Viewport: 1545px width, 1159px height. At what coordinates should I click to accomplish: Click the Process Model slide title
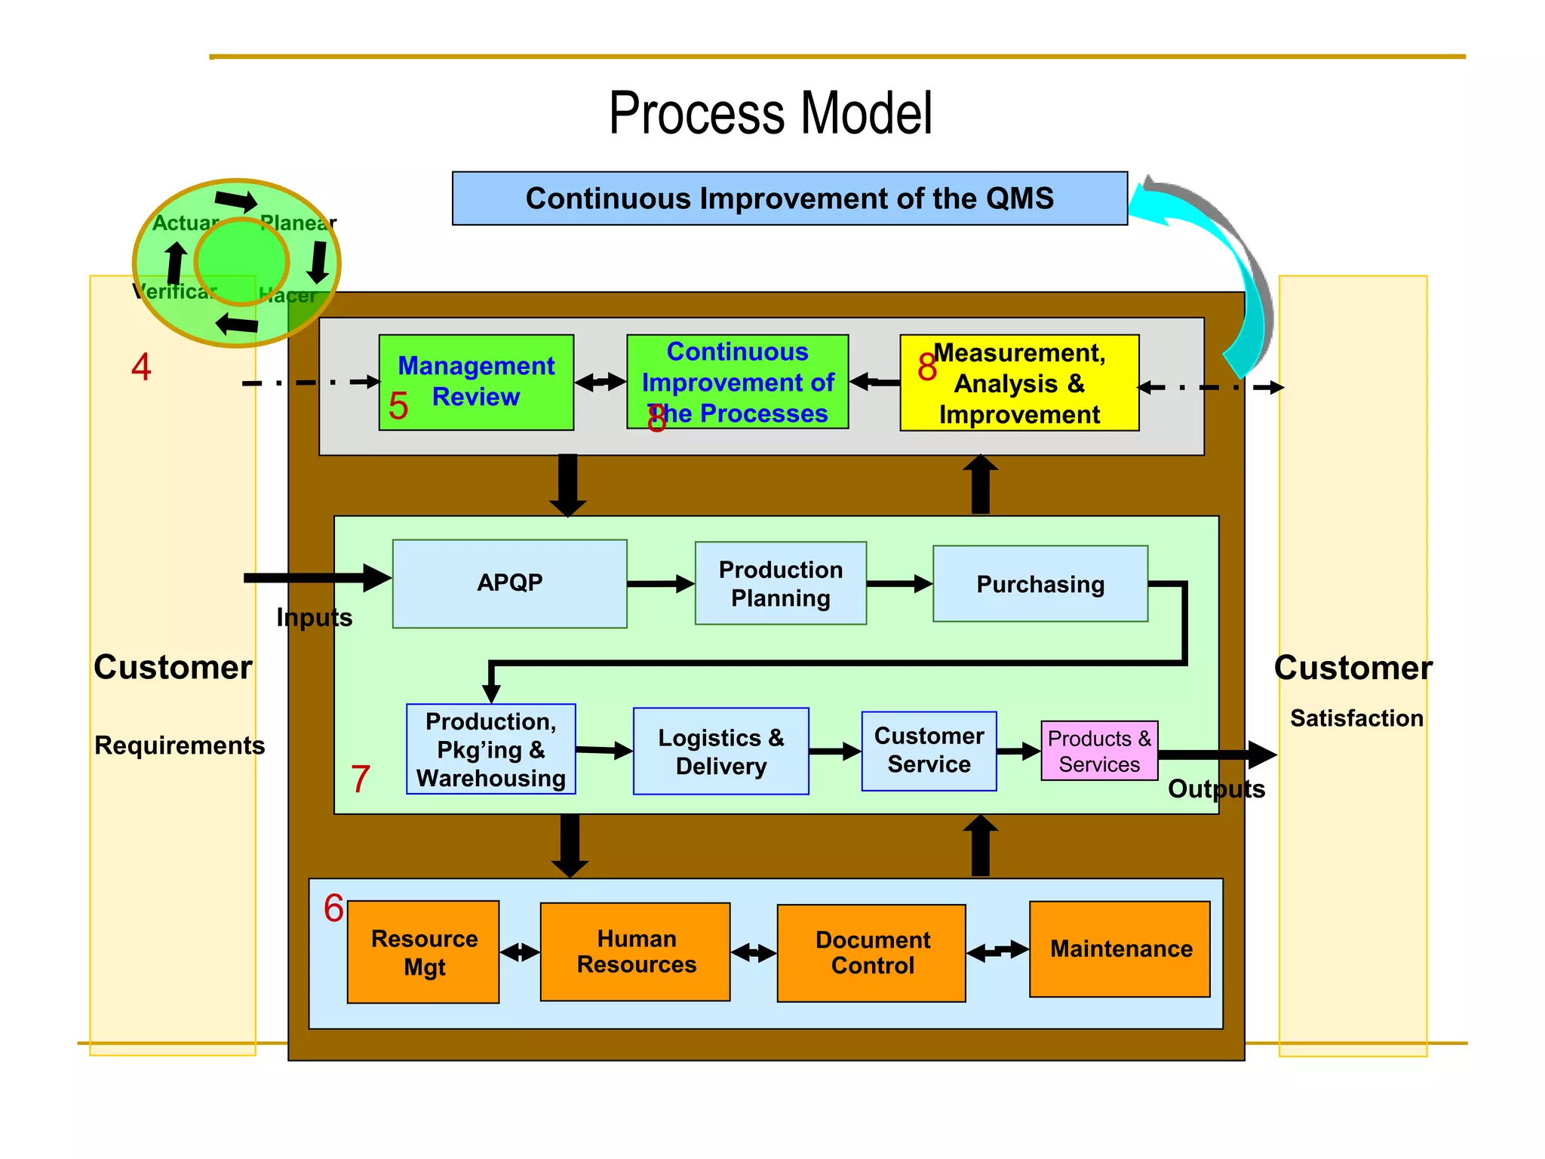[770, 113]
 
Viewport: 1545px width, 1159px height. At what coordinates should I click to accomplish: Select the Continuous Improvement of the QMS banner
[789, 198]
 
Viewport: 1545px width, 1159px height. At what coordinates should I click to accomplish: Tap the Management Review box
[476, 382]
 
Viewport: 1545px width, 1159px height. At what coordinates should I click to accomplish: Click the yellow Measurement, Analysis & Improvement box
[1018, 383]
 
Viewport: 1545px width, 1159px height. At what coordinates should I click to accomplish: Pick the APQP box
[509, 583]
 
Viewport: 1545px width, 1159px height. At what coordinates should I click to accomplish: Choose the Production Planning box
[780, 583]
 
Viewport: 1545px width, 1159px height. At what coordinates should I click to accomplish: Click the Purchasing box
[1040, 584]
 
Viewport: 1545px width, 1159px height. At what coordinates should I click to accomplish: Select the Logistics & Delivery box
[720, 752]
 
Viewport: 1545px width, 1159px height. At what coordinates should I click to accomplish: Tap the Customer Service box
[929, 751]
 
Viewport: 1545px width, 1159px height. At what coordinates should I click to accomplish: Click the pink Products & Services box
[1099, 751]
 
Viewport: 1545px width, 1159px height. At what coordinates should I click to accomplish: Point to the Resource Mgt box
[423, 951]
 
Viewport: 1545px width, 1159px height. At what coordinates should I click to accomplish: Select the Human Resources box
[635, 951]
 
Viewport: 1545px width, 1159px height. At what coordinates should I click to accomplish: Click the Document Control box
[871, 953]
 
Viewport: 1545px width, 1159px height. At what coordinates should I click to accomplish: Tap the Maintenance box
[1120, 948]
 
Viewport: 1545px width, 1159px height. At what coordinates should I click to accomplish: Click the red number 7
[361, 779]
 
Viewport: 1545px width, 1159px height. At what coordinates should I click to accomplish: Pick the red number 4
[141, 367]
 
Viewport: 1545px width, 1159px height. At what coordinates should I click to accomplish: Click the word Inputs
[314, 617]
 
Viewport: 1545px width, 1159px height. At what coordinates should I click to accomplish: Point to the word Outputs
[1215, 789]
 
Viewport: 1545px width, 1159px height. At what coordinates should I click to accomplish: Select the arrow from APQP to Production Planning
[660, 583]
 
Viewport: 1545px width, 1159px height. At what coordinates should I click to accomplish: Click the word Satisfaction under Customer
[1356, 718]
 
